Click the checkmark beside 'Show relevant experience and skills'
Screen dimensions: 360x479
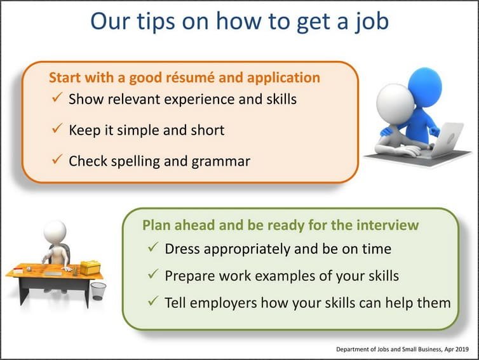(57, 98)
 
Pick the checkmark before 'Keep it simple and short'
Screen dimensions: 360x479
(57, 130)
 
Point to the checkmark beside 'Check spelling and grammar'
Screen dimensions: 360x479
(57, 161)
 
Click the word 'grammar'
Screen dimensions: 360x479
(219, 161)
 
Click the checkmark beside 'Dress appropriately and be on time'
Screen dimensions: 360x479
(152, 248)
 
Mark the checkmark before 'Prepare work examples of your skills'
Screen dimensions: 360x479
(152, 275)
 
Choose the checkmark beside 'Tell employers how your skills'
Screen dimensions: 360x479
(152, 302)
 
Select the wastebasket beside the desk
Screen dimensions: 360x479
(98, 291)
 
